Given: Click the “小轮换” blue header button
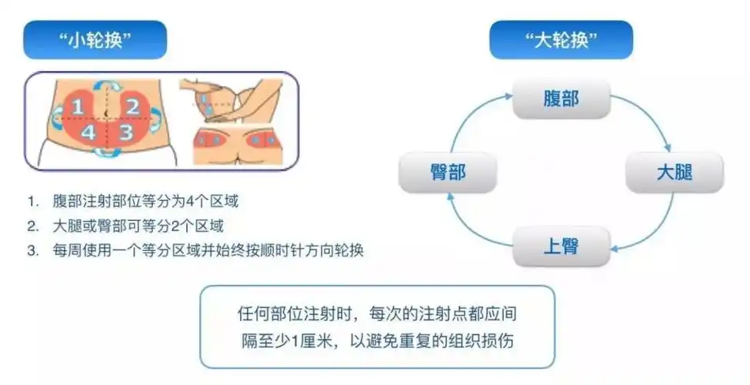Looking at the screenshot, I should pyautogui.click(x=95, y=40).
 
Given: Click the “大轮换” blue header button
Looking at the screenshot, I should pyautogui.click(x=562, y=40).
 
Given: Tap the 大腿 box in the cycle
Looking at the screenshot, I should pyautogui.click(x=675, y=172).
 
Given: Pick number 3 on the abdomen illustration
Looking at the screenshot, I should pyautogui.click(x=127, y=132).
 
